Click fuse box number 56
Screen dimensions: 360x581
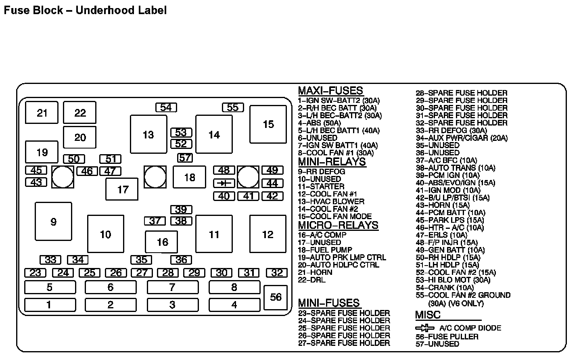tap(276, 297)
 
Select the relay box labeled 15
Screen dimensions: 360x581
tap(268, 124)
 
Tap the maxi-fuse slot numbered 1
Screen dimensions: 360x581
tap(50, 305)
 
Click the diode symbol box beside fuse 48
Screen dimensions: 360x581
tap(224, 184)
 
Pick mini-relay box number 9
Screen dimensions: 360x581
tap(53, 222)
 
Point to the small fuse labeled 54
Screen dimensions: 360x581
tap(166, 107)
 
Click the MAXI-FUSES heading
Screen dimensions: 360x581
tap(330, 91)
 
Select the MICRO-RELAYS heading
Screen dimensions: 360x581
tap(338, 225)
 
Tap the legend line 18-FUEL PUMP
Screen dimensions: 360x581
tap(325, 250)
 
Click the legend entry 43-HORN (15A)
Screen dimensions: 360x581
tap(443, 205)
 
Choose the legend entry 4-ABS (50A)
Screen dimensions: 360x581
tap(320, 123)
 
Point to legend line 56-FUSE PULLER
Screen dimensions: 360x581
tap(447, 337)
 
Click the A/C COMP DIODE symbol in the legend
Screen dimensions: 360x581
tap(424, 328)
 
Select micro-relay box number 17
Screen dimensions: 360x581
tap(122, 189)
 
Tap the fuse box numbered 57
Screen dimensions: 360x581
tap(185, 158)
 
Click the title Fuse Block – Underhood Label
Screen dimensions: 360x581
tap(85, 10)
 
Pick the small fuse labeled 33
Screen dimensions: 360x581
tap(50, 260)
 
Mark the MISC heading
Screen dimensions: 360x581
tap(428, 315)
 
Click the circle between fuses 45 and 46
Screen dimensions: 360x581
tap(63, 177)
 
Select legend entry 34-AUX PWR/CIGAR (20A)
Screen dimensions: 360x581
tap(462, 138)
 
